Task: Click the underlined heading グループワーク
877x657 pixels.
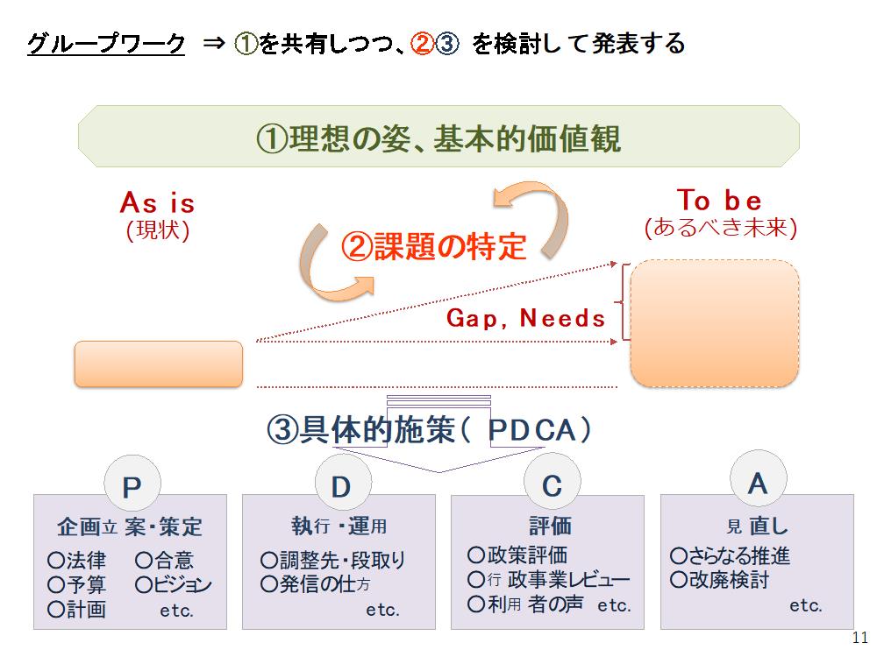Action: pos(106,44)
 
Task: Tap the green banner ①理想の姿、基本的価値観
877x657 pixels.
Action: pos(438,137)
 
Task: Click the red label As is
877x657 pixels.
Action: pos(158,202)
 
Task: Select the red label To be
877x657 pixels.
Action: pos(719,200)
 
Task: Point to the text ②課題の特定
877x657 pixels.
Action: pos(433,246)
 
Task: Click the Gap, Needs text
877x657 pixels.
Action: pos(525,318)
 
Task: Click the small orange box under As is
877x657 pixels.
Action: pos(159,364)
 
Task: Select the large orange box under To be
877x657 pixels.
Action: pos(715,323)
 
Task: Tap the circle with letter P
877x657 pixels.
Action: pos(132,484)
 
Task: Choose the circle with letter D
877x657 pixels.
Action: pos(342,484)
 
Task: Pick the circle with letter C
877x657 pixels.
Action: pos(552,482)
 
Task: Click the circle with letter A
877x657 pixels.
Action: pos(759,479)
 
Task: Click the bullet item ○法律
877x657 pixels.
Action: pos(76,560)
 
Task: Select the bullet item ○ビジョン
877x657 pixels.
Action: pos(174,584)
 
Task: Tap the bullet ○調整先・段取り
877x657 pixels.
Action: pos(332,560)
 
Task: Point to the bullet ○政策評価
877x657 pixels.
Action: pos(517,555)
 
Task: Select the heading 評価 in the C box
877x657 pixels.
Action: pos(551,526)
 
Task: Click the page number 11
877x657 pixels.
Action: pos(860,637)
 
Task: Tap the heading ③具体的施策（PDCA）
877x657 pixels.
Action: pos(429,429)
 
